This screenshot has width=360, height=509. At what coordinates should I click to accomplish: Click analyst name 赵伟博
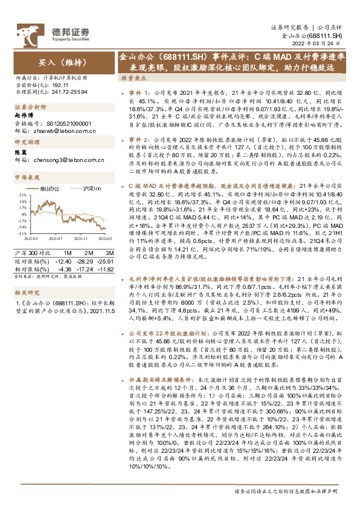coord(24,114)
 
